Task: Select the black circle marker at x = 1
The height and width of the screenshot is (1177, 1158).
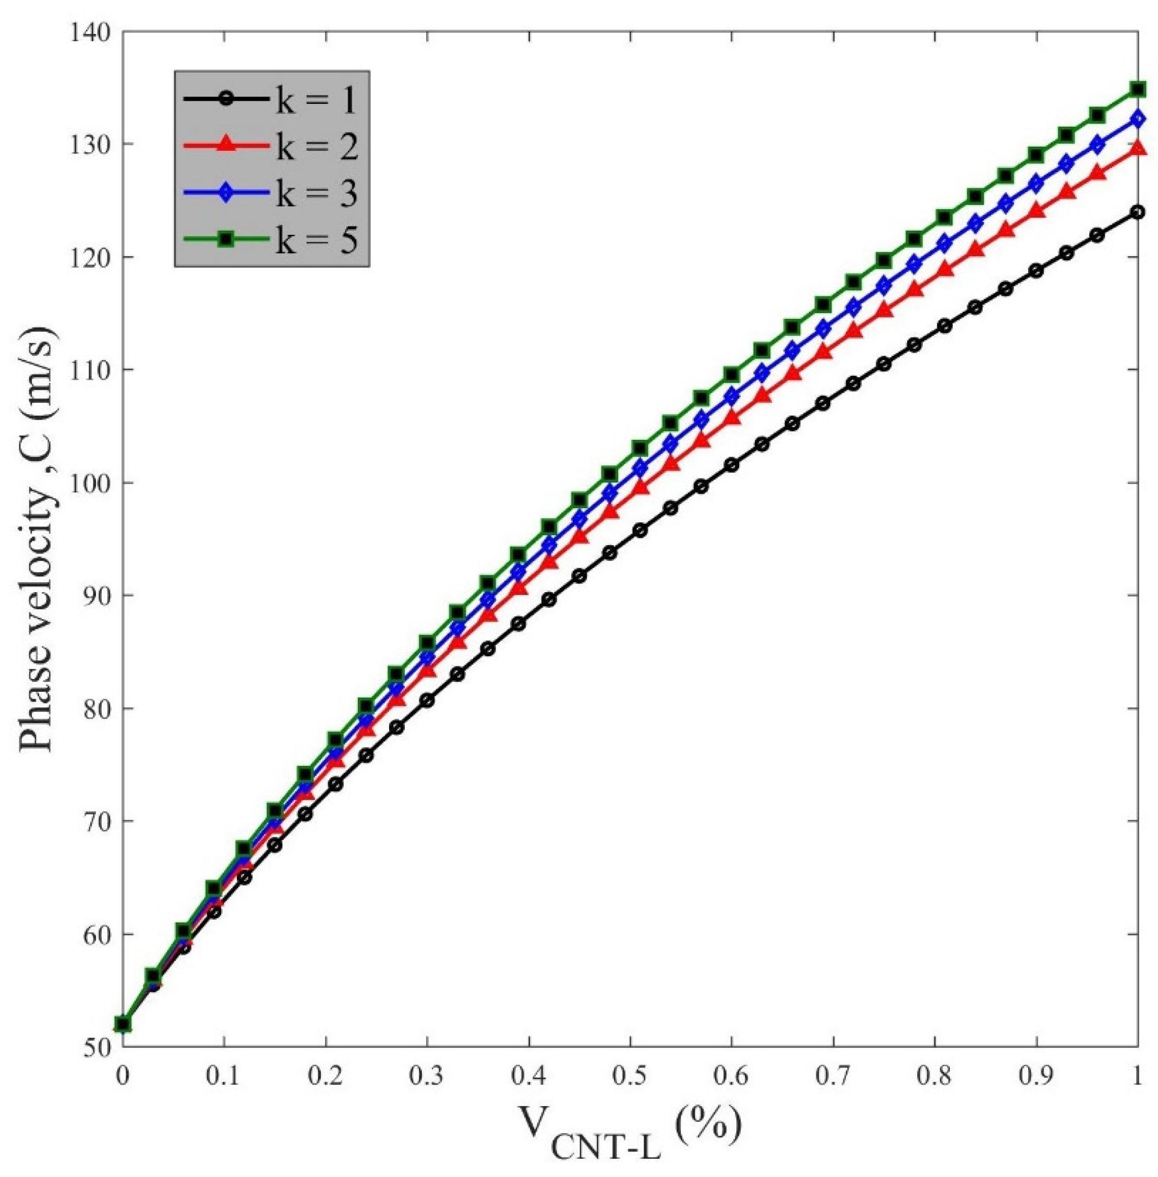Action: pos(1137,212)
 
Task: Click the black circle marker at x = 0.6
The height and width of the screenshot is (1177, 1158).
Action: pos(732,465)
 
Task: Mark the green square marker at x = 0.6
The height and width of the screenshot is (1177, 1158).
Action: pos(732,375)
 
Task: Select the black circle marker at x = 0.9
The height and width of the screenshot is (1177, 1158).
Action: pos(1036,271)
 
